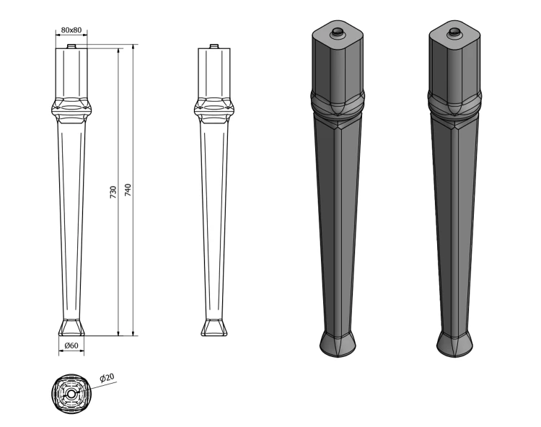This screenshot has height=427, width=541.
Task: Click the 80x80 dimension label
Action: [71, 30]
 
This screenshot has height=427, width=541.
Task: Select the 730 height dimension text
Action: [113, 192]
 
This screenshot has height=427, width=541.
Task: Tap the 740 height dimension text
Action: [128, 190]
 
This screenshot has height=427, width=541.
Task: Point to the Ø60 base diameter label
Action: [71, 345]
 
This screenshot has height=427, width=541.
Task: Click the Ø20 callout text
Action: [107, 378]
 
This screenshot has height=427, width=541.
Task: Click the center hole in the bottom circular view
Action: [71, 394]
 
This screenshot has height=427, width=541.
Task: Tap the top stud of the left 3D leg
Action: [337, 32]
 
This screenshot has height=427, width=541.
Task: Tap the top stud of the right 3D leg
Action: [454, 32]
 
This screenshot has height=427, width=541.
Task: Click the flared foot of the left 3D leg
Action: [338, 344]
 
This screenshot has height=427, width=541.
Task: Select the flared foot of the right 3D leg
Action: [454, 344]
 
